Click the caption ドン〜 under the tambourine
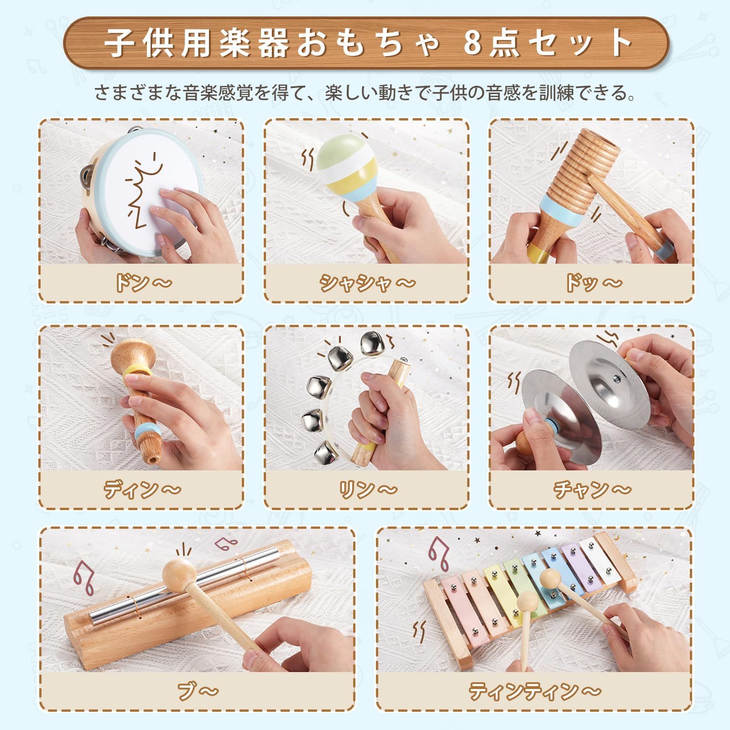142,282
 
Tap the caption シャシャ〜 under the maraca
368,282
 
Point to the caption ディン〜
142,490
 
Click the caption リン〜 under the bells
368,490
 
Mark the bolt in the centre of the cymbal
616,378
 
